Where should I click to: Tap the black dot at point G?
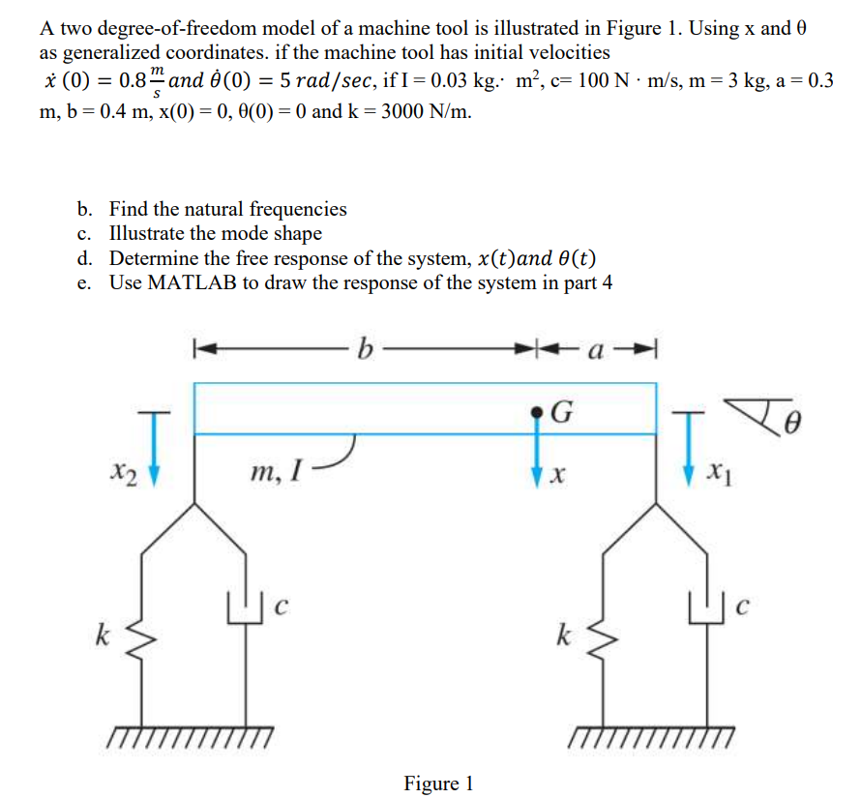tap(539, 413)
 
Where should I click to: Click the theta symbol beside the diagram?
tap(796, 423)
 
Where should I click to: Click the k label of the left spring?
tap(100, 635)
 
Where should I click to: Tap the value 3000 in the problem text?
tap(409, 111)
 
